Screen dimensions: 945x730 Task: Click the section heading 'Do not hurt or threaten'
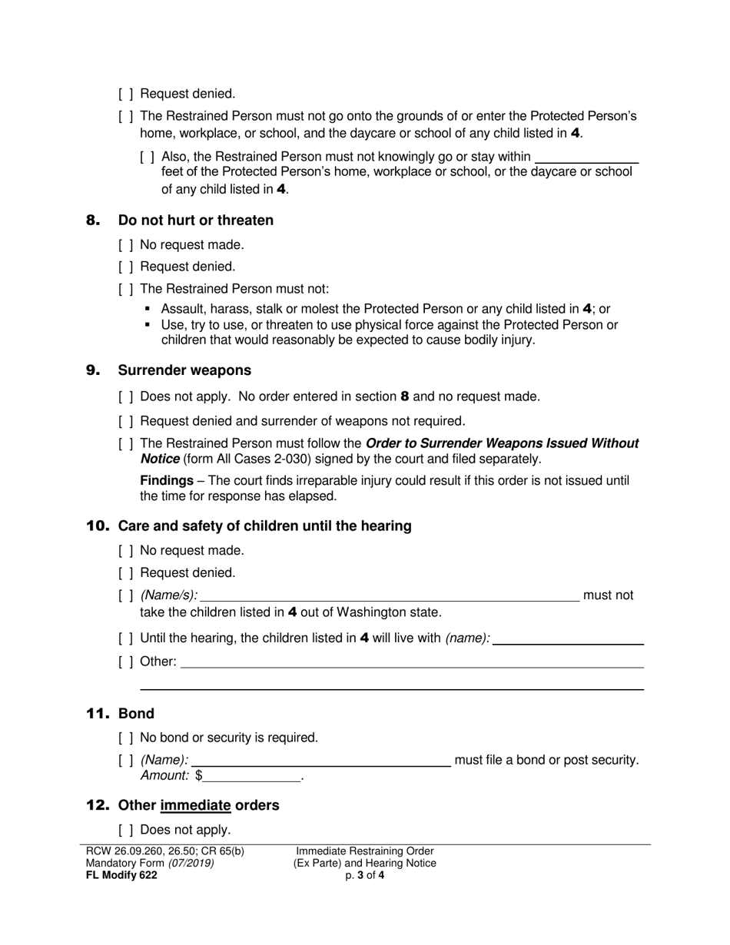195,220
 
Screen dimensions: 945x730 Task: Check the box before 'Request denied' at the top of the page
126,94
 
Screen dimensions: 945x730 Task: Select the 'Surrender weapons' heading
184,370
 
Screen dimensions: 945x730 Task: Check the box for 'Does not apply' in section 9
126,397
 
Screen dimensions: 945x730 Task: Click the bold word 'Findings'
167,481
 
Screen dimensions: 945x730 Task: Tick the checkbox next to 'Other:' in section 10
126,661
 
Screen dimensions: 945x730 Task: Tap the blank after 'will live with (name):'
568,638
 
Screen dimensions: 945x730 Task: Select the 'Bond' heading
136,714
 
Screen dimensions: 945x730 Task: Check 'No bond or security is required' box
126,738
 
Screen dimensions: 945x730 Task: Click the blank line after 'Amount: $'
252,776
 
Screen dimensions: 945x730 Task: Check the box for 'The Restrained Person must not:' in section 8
126,290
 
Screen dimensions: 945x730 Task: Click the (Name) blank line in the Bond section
325,761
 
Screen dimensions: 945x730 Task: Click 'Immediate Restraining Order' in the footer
365,851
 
